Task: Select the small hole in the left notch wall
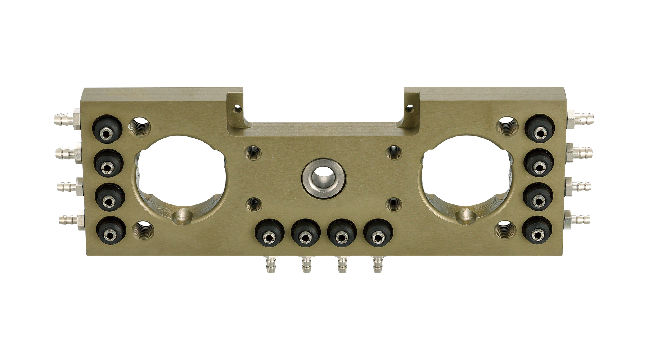pyautogui.click(x=236, y=108)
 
